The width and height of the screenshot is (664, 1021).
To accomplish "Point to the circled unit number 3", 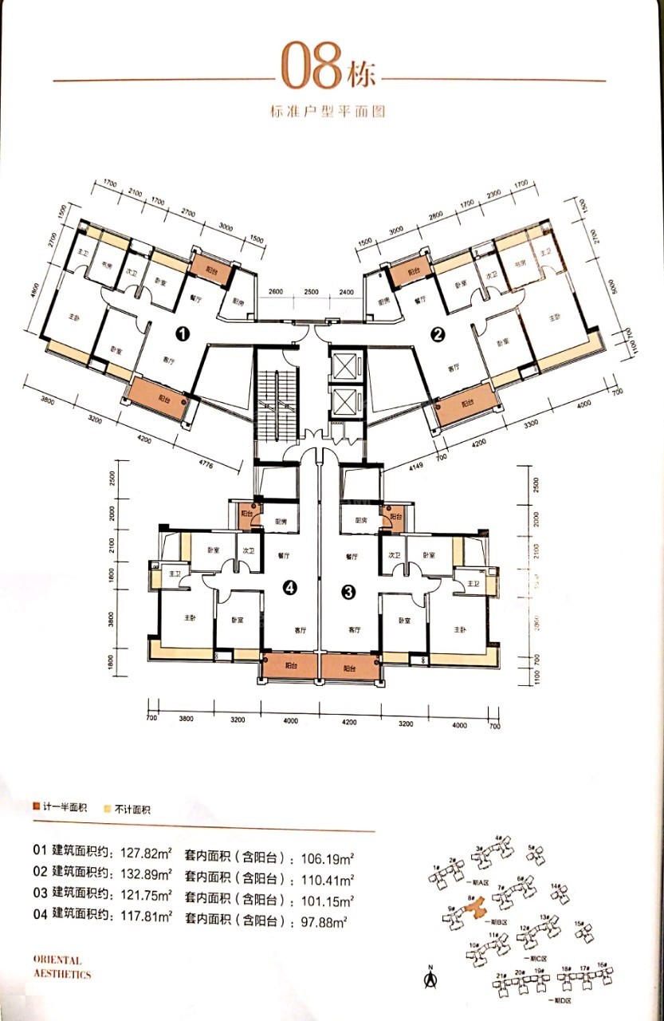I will pos(348,591).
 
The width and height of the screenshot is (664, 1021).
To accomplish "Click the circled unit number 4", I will pos(290,588).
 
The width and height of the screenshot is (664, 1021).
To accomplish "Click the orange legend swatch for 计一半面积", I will pos(36,809).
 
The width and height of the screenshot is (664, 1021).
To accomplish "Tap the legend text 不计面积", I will pos(132,810).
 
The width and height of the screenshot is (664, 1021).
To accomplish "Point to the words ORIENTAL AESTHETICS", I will pos(63,968).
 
